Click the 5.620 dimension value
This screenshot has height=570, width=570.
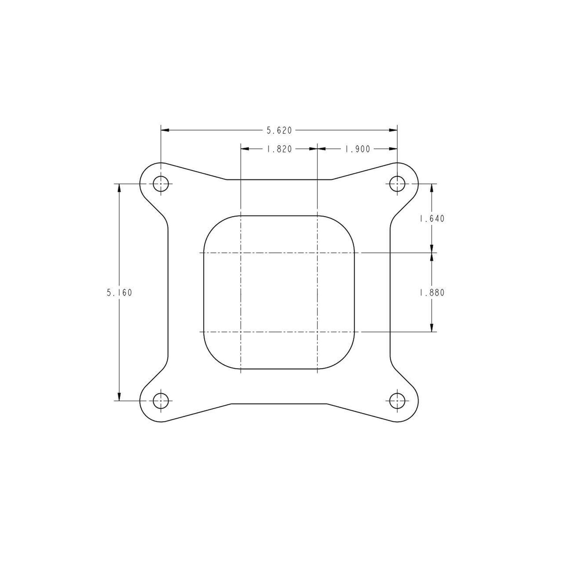pos(279,131)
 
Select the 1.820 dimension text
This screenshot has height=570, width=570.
pos(279,149)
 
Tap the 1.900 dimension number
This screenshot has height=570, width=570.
pos(358,149)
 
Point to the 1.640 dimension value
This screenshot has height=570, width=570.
pos(432,219)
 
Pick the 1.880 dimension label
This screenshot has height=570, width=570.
pos(432,293)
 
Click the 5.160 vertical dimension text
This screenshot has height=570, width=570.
pos(119,293)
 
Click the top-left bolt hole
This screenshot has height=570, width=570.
pos(161,184)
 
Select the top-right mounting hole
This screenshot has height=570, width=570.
pos(397,184)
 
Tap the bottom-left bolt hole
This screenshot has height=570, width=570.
pos(161,401)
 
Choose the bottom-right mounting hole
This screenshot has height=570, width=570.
pos(397,401)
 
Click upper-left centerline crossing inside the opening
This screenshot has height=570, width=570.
pos(241,253)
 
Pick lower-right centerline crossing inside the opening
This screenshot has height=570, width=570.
pos(317,332)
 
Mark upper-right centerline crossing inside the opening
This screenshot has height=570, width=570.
pos(317,253)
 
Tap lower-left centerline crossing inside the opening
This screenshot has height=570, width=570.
pos(241,332)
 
